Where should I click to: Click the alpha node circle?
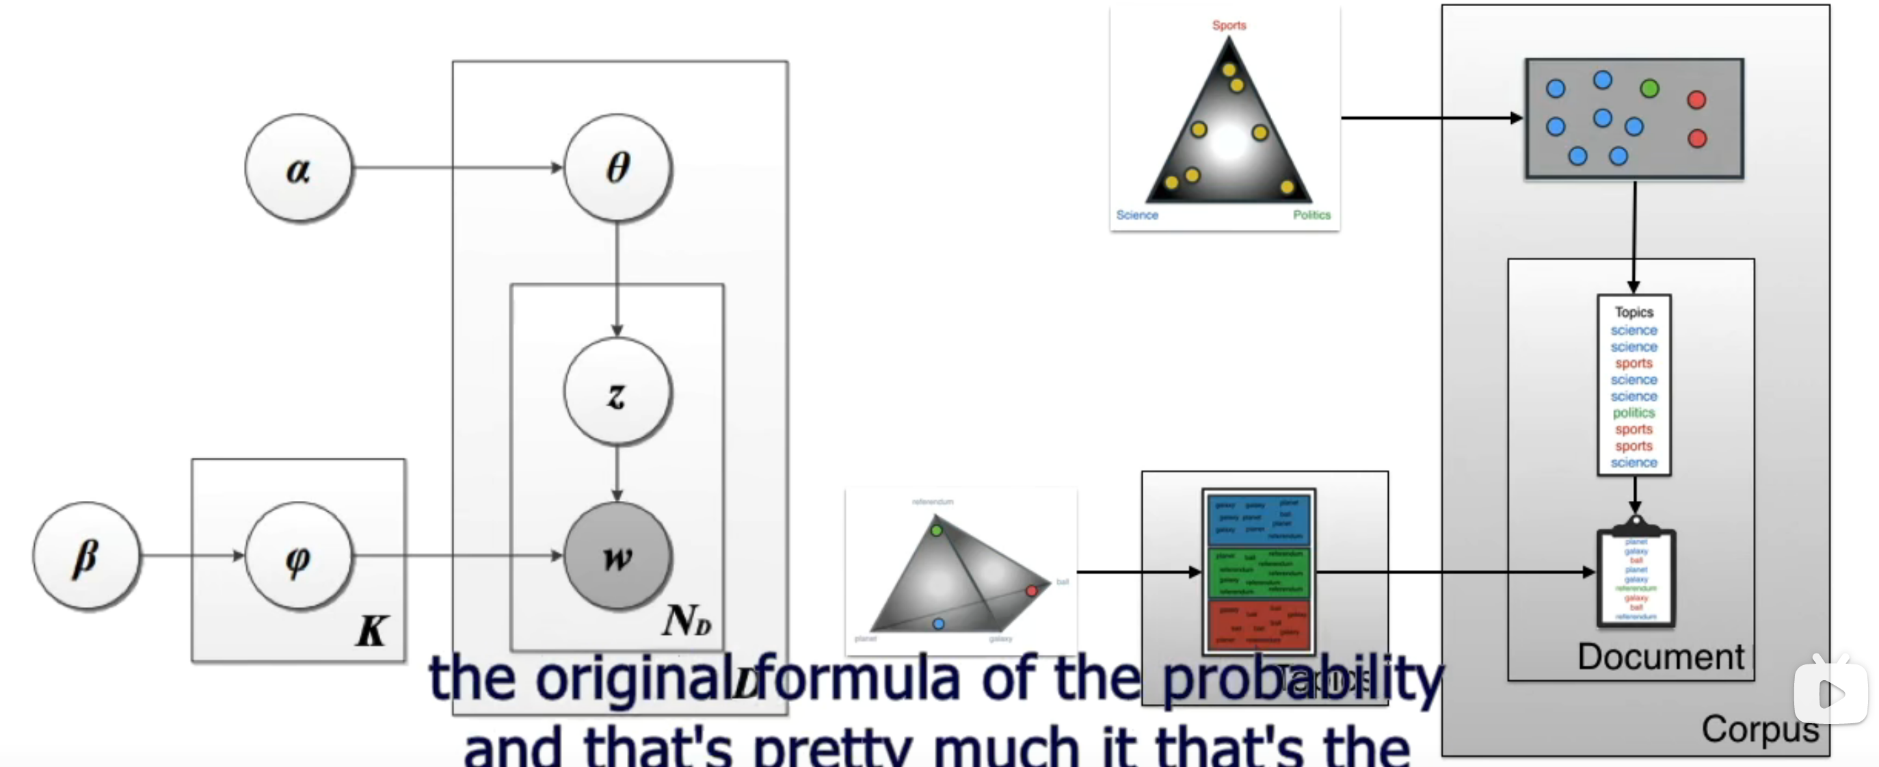tap(298, 168)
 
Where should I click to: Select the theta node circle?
tap(618, 168)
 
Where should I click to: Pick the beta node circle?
tap(87, 556)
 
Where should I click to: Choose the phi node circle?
tap(298, 557)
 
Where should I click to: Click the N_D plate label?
tap(686, 621)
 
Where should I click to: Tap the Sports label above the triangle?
tap(1229, 25)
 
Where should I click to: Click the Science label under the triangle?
tap(1136, 215)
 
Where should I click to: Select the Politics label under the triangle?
tap(1311, 215)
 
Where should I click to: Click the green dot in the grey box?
tap(1649, 88)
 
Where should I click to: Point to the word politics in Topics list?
tap(1634, 413)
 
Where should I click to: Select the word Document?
tap(1660, 656)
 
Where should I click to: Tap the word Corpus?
tap(1759, 728)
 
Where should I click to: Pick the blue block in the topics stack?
tap(1258, 519)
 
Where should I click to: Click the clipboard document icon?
tap(1636, 577)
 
